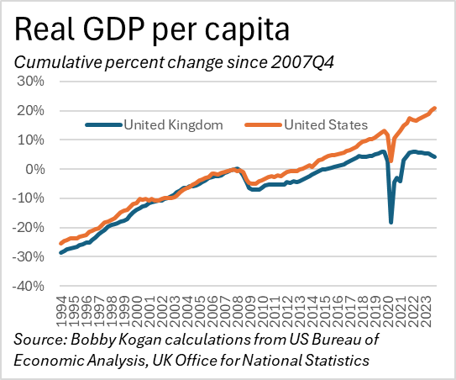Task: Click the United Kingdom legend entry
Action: (x=172, y=125)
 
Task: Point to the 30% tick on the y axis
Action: (x=33, y=82)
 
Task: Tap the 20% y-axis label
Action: (x=33, y=111)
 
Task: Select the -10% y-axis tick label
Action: (x=30, y=198)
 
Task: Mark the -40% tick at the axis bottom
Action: (x=30, y=286)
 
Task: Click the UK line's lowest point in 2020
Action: (x=390, y=222)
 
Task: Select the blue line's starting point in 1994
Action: (x=60, y=252)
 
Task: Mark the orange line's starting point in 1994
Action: (x=60, y=243)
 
